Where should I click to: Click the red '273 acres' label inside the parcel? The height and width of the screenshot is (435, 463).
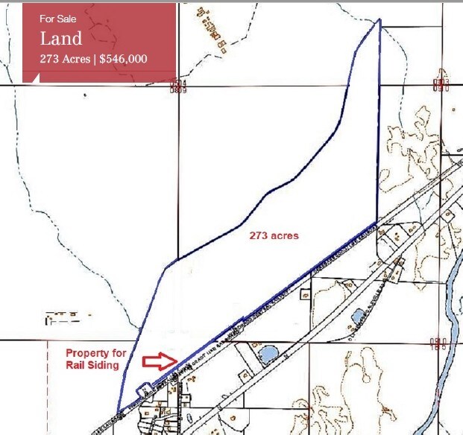273,236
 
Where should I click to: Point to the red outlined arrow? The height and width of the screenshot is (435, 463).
158,362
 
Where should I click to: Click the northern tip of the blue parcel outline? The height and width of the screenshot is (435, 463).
379,19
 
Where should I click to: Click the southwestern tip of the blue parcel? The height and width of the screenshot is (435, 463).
119,410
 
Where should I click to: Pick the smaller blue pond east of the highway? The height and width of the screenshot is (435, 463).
358,315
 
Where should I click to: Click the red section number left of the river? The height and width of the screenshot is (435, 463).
437,343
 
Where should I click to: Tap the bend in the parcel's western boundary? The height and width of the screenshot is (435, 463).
177,260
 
